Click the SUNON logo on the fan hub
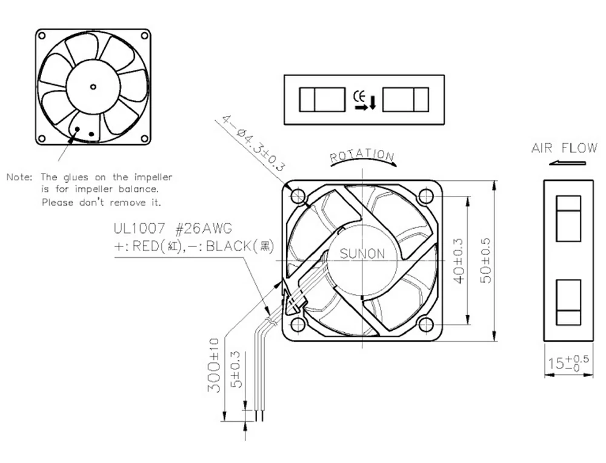pos(362,254)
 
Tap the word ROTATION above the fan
pos(362,157)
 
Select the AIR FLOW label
pos(564,148)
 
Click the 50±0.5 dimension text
pos(485,260)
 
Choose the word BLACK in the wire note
pos(224,246)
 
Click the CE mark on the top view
pos(358,95)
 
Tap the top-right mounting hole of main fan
pos(426,195)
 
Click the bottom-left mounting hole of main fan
pos(298,325)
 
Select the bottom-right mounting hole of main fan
pos(426,325)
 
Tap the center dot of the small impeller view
pos(93,87)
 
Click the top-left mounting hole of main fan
pos(298,195)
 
